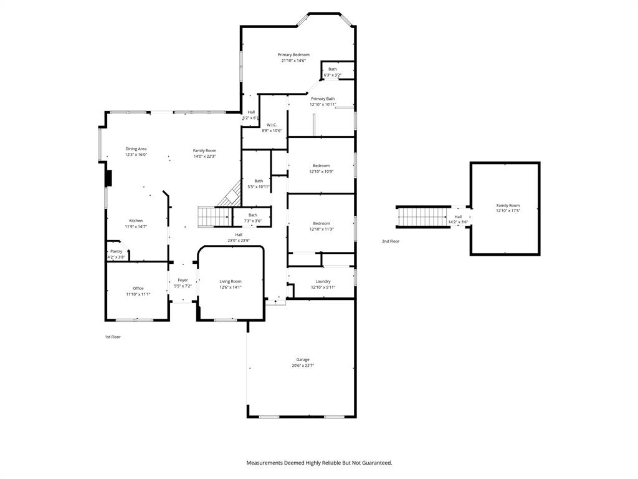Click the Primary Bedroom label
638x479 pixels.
[x=293, y=55]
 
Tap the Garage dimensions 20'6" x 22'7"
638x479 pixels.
[x=303, y=365]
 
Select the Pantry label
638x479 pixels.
[x=116, y=251]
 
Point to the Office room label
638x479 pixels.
[x=138, y=288]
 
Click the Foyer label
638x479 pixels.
[x=183, y=281]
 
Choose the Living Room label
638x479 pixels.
[x=230, y=281]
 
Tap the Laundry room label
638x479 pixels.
[x=323, y=281]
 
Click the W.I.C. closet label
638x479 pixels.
[x=272, y=125]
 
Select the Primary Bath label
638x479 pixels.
[x=323, y=99]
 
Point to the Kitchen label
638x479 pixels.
[x=136, y=221]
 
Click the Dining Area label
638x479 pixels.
[x=136, y=149]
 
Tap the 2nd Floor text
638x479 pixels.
[x=391, y=241]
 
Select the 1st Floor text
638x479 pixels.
[x=112, y=337]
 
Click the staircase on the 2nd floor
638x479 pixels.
[x=423, y=217]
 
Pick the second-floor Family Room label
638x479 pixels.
[x=507, y=205]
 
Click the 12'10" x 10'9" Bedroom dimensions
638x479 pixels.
[x=321, y=172]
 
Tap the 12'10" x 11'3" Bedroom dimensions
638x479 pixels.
[x=321, y=229]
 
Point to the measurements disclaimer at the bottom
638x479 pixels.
[x=319, y=463]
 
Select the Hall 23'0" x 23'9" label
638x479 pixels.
[x=239, y=235]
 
